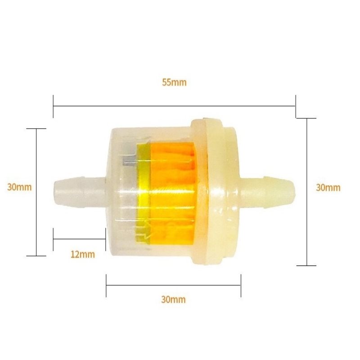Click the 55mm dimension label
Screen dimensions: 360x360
coord(174,82)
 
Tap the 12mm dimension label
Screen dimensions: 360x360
coord(83,254)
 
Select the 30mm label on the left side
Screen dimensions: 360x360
coord(19,187)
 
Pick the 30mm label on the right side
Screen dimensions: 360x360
coord(328,188)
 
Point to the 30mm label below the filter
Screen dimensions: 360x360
coord(173,300)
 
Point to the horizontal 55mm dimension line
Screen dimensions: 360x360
coord(174,106)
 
